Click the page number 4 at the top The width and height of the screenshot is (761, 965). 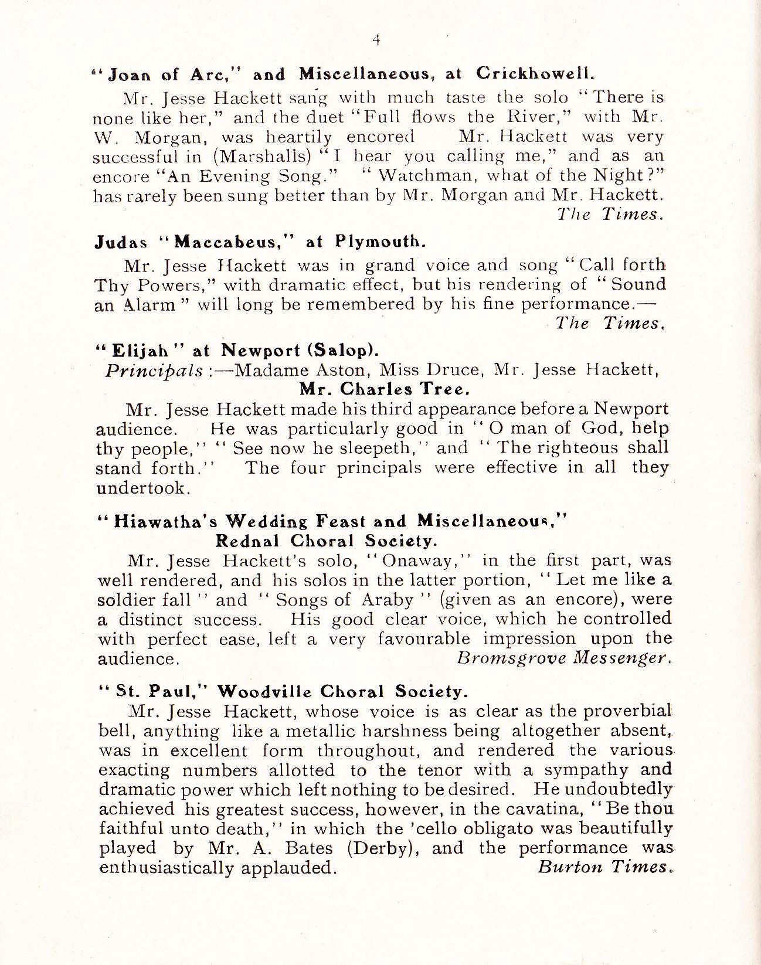377,40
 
